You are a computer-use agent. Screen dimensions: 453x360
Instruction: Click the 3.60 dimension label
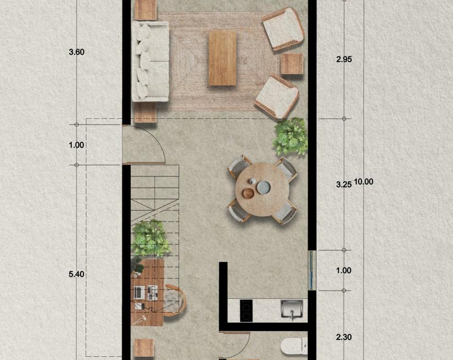tap(77, 52)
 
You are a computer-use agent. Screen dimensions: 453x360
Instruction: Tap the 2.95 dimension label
tap(344, 60)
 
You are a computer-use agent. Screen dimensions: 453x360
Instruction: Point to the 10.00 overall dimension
tap(364, 182)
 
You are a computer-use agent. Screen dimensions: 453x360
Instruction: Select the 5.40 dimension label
tap(77, 274)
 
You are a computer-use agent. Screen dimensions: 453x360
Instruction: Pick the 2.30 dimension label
tap(344, 337)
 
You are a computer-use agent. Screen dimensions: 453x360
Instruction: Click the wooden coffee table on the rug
tap(222, 58)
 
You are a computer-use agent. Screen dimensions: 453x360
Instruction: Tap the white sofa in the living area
tap(150, 61)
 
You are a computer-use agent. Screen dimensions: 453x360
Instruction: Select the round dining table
tap(262, 189)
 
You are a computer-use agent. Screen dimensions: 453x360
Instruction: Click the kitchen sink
tap(292, 310)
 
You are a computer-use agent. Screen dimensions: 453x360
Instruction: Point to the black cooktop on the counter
tap(246, 310)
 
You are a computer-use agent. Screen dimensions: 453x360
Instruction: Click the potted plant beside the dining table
tap(290, 136)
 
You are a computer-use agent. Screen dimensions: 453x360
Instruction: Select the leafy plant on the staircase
tap(150, 238)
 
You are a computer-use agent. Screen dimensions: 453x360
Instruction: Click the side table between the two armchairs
tap(292, 64)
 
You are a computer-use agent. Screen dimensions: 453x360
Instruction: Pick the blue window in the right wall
tap(311, 270)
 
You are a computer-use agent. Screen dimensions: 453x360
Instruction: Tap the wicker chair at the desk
tap(174, 300)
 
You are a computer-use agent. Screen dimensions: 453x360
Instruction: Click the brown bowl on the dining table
tap(248, 193)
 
